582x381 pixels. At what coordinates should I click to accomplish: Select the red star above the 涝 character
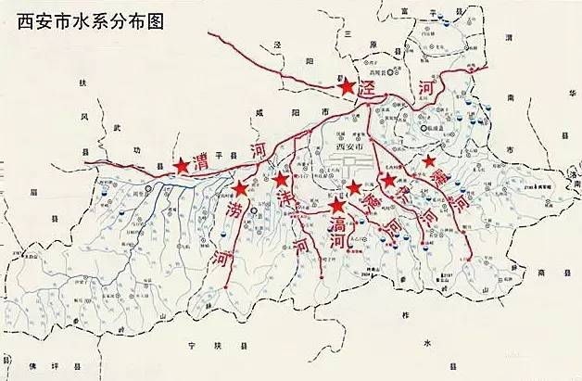[240, 188]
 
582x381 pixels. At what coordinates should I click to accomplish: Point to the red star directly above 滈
[336, 206]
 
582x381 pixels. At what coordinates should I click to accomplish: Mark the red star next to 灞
[429, 162]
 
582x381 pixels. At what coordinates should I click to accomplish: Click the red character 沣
[287, 199]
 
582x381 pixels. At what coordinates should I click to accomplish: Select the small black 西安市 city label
[351, 146]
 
